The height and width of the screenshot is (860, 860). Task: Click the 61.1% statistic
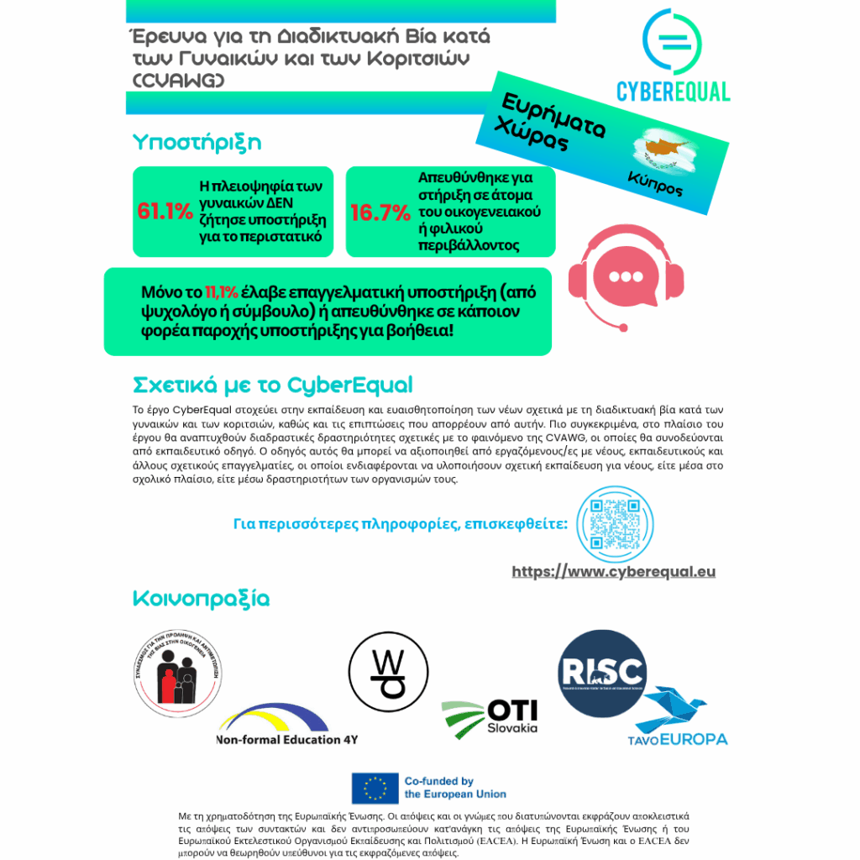tap(165, 212)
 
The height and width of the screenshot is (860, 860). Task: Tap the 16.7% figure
tap(380, 213)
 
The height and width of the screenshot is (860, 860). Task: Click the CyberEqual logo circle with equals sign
tap(672, 41)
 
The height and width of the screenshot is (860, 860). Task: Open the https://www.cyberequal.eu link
tap(613, 572)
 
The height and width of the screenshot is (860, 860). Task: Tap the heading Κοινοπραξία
tap(201, 599)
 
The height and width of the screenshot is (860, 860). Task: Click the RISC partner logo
tap(602, 672)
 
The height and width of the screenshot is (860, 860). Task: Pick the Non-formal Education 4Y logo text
tap(286, 740)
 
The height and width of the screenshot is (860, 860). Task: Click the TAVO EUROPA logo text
tap(677, 740)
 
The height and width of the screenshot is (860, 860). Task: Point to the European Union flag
tap(375, 788)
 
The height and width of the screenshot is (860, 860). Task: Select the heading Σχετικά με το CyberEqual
tap(273, 385)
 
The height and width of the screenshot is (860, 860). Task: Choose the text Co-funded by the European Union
tap(455, 788)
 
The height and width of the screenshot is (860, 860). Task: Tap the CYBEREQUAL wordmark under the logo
tap(673, 91)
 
